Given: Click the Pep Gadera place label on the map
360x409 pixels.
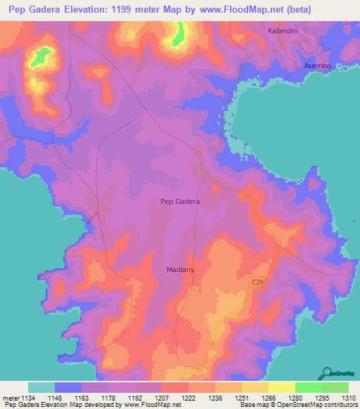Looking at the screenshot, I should pos(180,202).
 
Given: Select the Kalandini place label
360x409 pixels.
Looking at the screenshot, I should pos(285,32).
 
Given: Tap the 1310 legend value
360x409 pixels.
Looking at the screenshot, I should pos(348,397).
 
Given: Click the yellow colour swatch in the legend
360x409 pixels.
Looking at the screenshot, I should pos(281,387).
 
